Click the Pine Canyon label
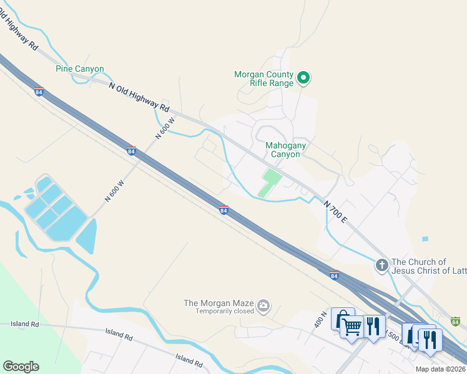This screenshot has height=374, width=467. (x=80, y=69)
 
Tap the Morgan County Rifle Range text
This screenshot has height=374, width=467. (x=263, y=79)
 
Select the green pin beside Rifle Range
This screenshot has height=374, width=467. (x=303, y=78)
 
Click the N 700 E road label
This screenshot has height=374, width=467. (x=335, y=212)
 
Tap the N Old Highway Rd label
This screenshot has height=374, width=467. (x=139, y=98)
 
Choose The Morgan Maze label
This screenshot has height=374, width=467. (x=219, y=303)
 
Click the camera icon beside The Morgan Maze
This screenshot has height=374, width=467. (x=263, y=305)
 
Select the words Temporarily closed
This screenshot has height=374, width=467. (x=225, y=311)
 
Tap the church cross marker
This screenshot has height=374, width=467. (x=381, y=266)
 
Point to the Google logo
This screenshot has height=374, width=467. (x=21, y=367)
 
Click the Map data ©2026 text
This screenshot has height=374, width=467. (x=441, y=369)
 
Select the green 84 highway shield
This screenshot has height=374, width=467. (x=456, y=321)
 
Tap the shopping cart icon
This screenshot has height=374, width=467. (x=351, y=325)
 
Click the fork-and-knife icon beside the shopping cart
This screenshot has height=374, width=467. (x=373, y=325)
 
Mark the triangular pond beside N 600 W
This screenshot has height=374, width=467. (x=87, y=236)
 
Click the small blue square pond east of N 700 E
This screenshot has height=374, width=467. (x=425, y=239)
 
